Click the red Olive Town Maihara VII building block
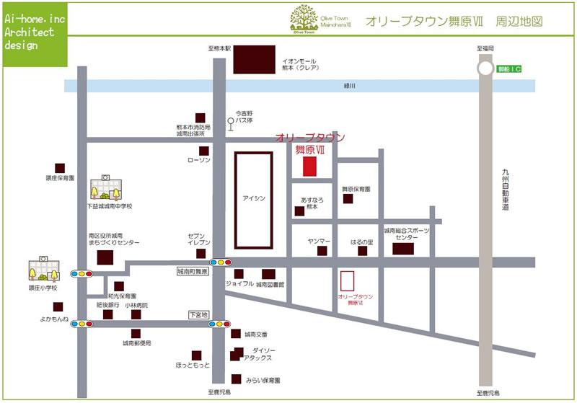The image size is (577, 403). coord(309,165)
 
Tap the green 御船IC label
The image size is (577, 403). coord(509,68)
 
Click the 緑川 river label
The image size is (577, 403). coord(350,87)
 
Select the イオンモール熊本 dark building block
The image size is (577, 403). coord(254,59)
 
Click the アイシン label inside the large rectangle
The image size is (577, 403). coord(254,198)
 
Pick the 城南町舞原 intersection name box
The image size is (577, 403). coord(193,273)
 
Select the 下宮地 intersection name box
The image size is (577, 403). coord(198,315)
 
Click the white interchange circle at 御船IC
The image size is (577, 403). coord(487,68)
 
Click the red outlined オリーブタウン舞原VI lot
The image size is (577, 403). coord(347,281)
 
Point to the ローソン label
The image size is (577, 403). coord(198,159)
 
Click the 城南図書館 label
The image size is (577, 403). coord(270,285)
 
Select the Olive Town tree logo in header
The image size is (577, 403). coord(302,17)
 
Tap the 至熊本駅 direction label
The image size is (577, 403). coord(219,48)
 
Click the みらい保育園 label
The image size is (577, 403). coord(263,379)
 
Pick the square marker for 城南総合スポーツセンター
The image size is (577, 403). coord(403,249)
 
